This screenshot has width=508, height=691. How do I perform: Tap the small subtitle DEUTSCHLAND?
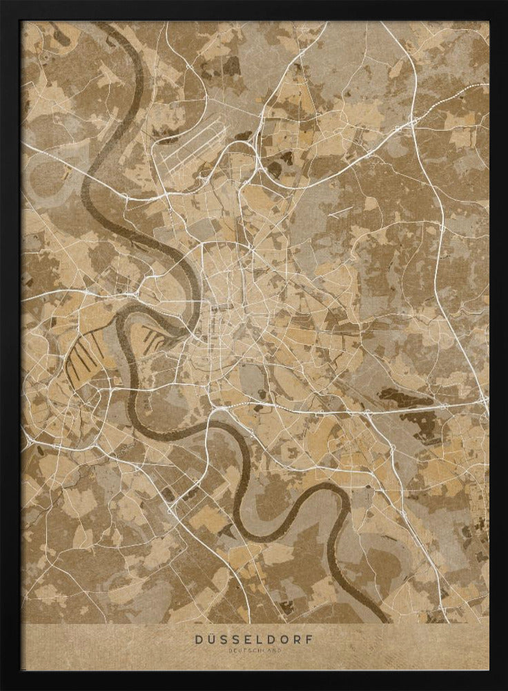[x=254, y=650]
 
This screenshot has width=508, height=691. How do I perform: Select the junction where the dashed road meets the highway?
[x=415, y=122]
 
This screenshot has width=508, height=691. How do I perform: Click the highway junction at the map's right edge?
[x=483, y=404]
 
